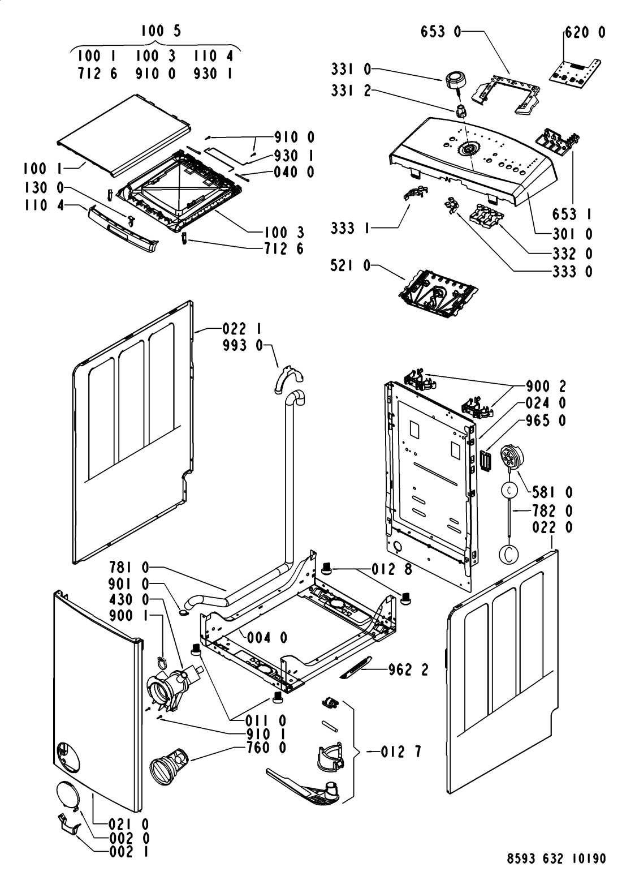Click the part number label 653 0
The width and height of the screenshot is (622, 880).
tap(440, 32)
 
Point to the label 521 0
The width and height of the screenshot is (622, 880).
tap(351, 267)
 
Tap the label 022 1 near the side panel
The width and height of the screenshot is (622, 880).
tap(242, 328)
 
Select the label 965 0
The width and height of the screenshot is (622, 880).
tap(546, 420)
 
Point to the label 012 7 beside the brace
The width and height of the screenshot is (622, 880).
tap(401, 752)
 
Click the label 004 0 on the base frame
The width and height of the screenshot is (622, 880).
tap(267, 637)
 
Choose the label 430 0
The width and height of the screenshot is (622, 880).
tap(129, 600)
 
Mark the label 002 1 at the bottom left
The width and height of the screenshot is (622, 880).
tap(129, 852)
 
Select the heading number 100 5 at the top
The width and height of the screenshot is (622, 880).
tap(161, 31)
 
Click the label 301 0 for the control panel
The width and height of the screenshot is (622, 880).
tap(572, 234)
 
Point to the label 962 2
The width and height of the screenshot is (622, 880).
tap(408, 669)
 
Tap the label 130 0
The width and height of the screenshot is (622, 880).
tap(44, 188)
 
